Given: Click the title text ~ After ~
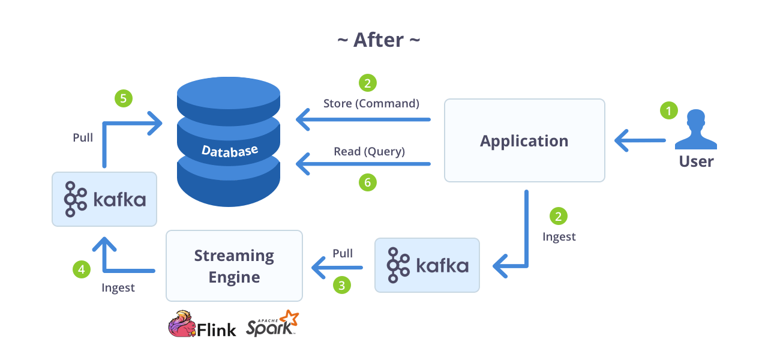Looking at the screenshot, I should pos(379,40).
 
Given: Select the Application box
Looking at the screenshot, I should pos(524,140).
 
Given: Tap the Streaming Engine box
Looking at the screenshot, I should pos(234,266).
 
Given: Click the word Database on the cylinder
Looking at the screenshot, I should pos(230,150).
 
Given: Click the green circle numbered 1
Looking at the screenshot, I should pos(668,110).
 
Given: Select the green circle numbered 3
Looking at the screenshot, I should pos(342,285).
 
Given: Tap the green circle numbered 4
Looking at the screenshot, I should pos(82,269).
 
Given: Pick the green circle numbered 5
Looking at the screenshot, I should pos(124,98).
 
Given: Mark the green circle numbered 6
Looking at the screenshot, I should pos(368,182).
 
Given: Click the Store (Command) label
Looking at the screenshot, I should pos(371,103).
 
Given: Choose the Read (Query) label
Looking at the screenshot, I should pos(369,152).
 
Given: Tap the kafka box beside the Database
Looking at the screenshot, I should pos(104,199).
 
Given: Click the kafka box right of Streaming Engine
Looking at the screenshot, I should pos(427,265).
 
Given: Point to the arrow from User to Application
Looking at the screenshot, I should pos(640,141).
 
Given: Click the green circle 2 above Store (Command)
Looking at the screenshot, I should pos(368,82).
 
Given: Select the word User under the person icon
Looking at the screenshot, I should pos(696,161).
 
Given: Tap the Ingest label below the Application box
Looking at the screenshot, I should pos(559,236).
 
